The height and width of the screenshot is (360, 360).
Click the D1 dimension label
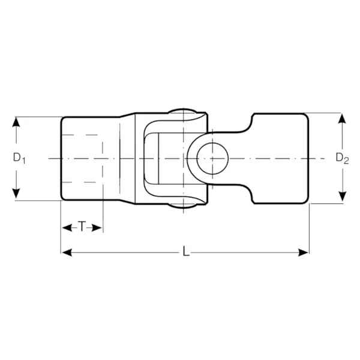pos(19,158)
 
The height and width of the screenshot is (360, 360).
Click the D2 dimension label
pos(342,158)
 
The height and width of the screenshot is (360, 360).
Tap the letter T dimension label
pos(82,227)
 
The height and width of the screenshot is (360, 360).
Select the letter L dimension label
pos(186,251)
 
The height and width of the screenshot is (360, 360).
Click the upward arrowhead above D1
pos(16,122)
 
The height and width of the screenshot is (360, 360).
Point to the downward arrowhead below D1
pos(16,194)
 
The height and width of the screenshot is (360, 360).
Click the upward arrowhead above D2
pos(343,118)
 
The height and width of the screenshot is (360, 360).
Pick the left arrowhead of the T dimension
pos(67,228)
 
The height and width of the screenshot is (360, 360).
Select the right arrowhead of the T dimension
pos(97,228)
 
